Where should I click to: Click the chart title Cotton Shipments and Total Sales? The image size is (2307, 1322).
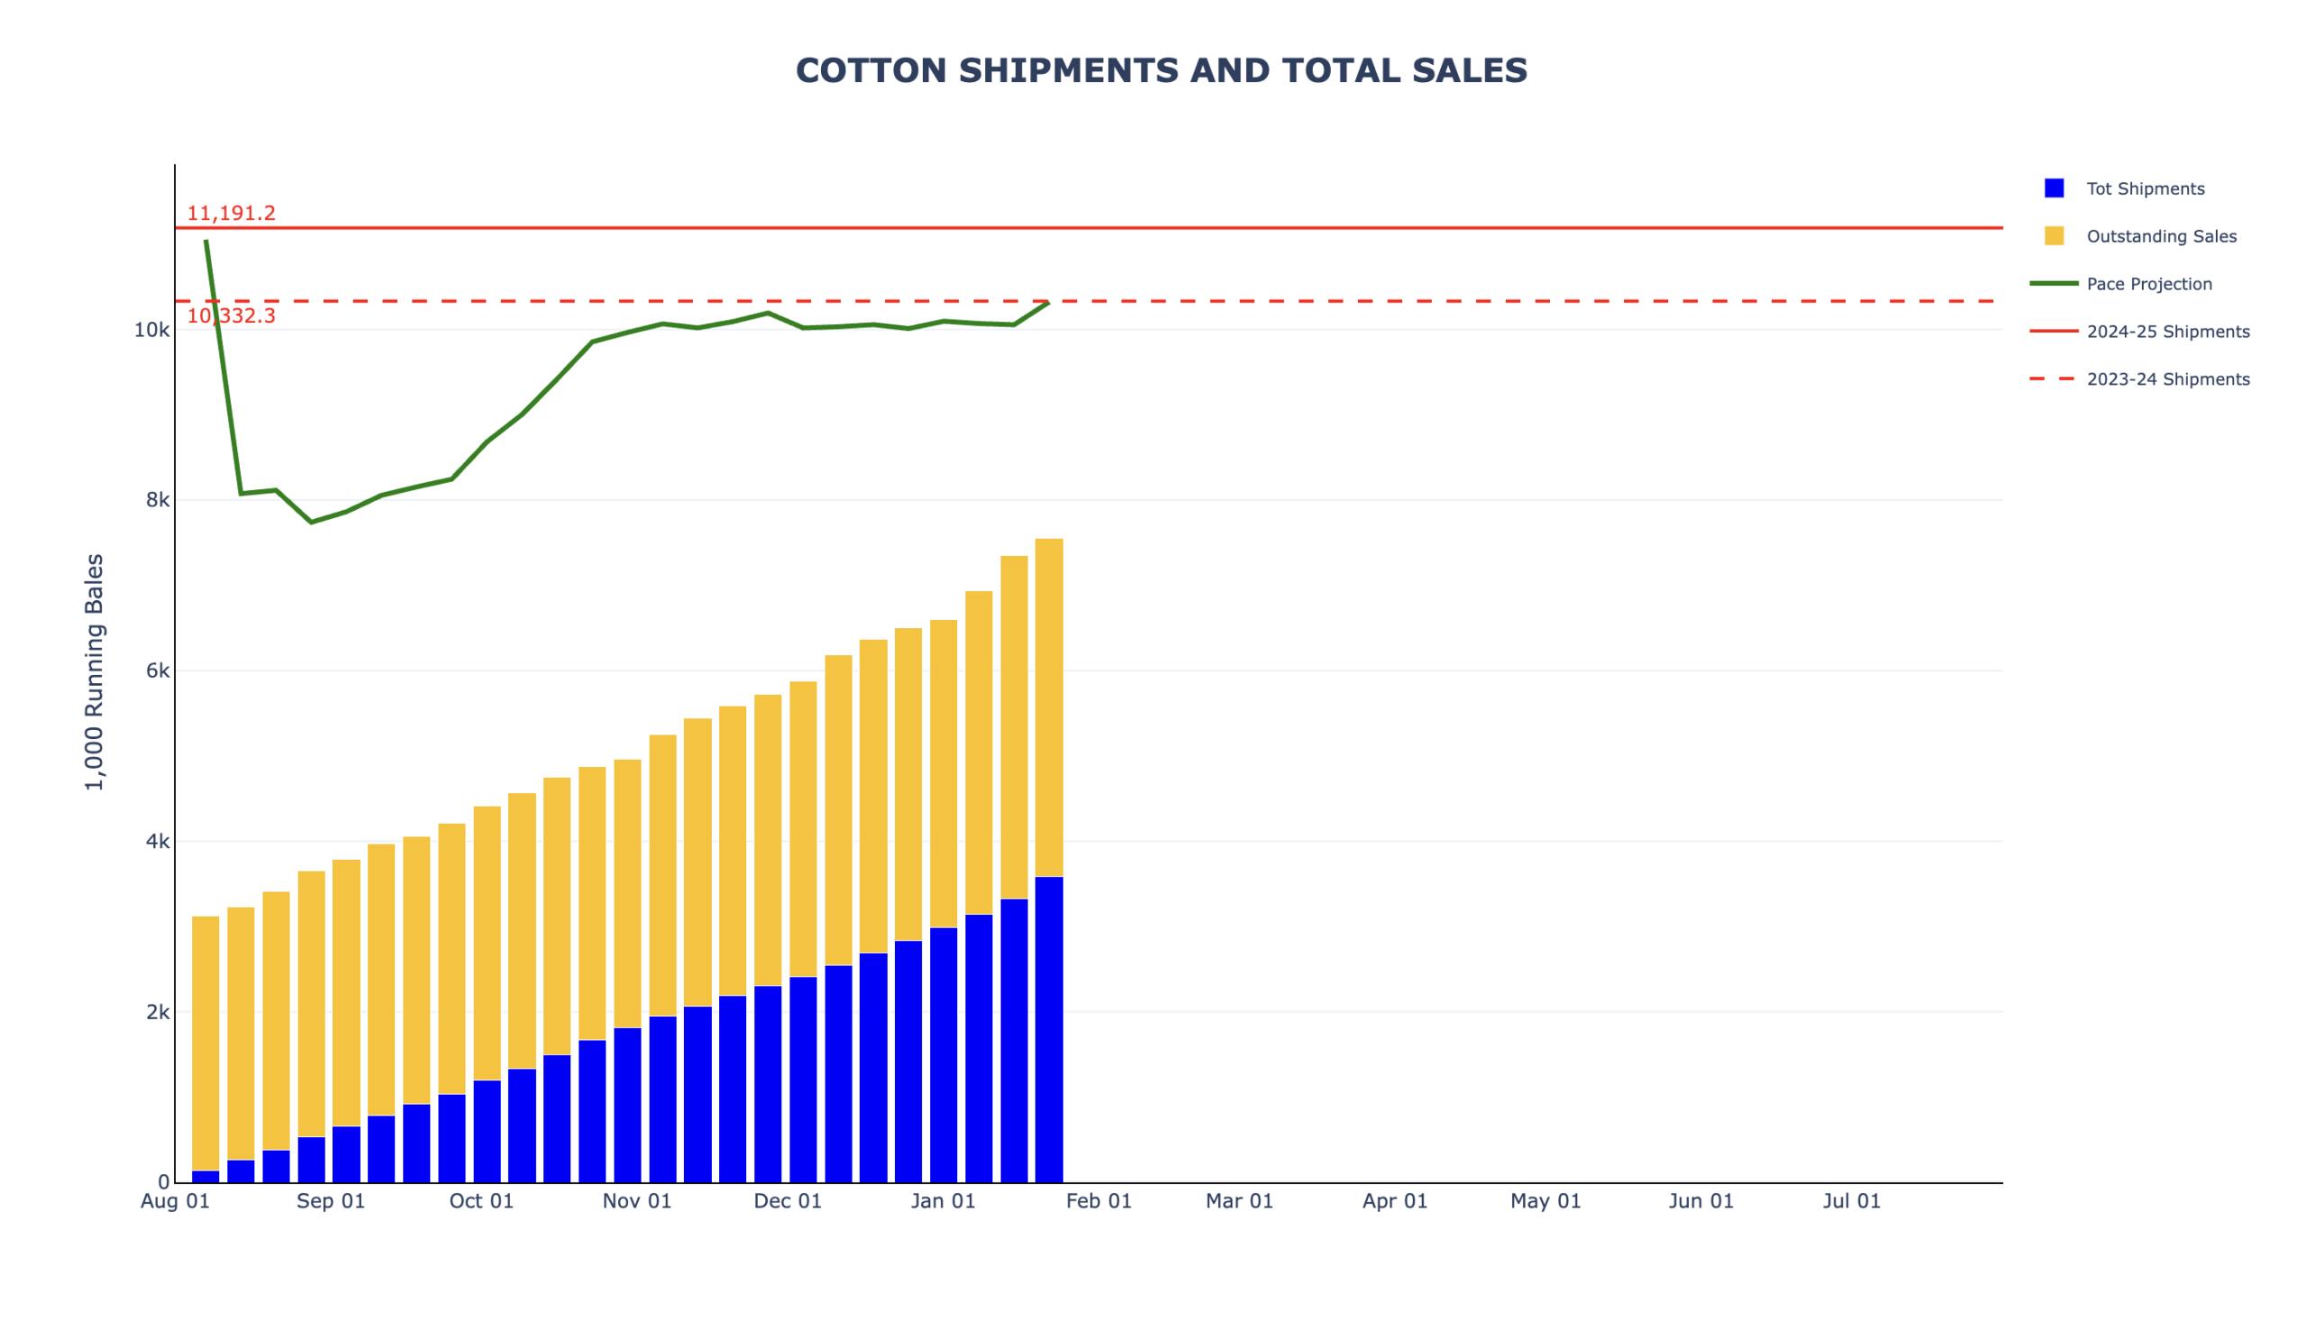pos(1162,71)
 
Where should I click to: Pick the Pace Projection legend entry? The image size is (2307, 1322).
pos(2148,284)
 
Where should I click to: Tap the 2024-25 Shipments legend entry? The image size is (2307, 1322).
pos(2167,332)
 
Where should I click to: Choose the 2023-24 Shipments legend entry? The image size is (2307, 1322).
pos(2167,379)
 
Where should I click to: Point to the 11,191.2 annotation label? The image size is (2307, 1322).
pos(232,214)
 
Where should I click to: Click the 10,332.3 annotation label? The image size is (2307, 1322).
pos(232,316)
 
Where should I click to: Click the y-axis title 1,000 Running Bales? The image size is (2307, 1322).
pos(95,672)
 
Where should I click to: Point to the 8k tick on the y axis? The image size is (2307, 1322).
pos(157,500)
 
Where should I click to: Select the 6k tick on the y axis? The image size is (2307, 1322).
pos(157,671)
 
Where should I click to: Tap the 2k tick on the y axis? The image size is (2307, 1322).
pos(157,1012)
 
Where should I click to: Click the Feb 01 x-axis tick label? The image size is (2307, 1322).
pos(1099,1201)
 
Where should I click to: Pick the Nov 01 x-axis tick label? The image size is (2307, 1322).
pos(636,1201)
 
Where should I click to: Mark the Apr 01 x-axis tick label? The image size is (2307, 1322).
pos(1394,1201)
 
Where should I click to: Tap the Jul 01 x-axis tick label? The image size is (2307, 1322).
pos(1851,1201)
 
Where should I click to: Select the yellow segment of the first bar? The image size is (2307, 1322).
pos(206,1044)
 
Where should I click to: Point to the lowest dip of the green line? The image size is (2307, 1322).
pos(312,522)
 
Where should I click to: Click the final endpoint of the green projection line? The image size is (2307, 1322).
pos(1049,303)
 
